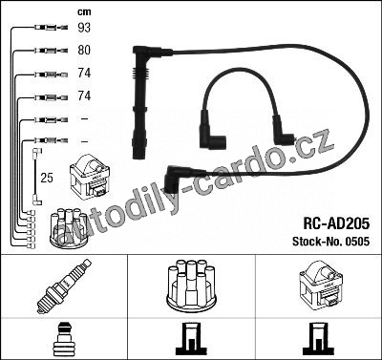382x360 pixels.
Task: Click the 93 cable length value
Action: point(84,28)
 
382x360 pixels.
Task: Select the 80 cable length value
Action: point(84,50)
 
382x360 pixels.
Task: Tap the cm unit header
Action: point(84,12)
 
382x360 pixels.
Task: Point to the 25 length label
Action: point(47,178)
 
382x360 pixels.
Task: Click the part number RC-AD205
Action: point(336,223)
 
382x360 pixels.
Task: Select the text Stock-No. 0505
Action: point(331,242)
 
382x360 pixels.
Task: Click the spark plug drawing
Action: point(64,286)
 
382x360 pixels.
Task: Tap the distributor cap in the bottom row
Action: point(191,286)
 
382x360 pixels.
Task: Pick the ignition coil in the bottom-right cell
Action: point(319,286)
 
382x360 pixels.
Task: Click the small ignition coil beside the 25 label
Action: point(90,177)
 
